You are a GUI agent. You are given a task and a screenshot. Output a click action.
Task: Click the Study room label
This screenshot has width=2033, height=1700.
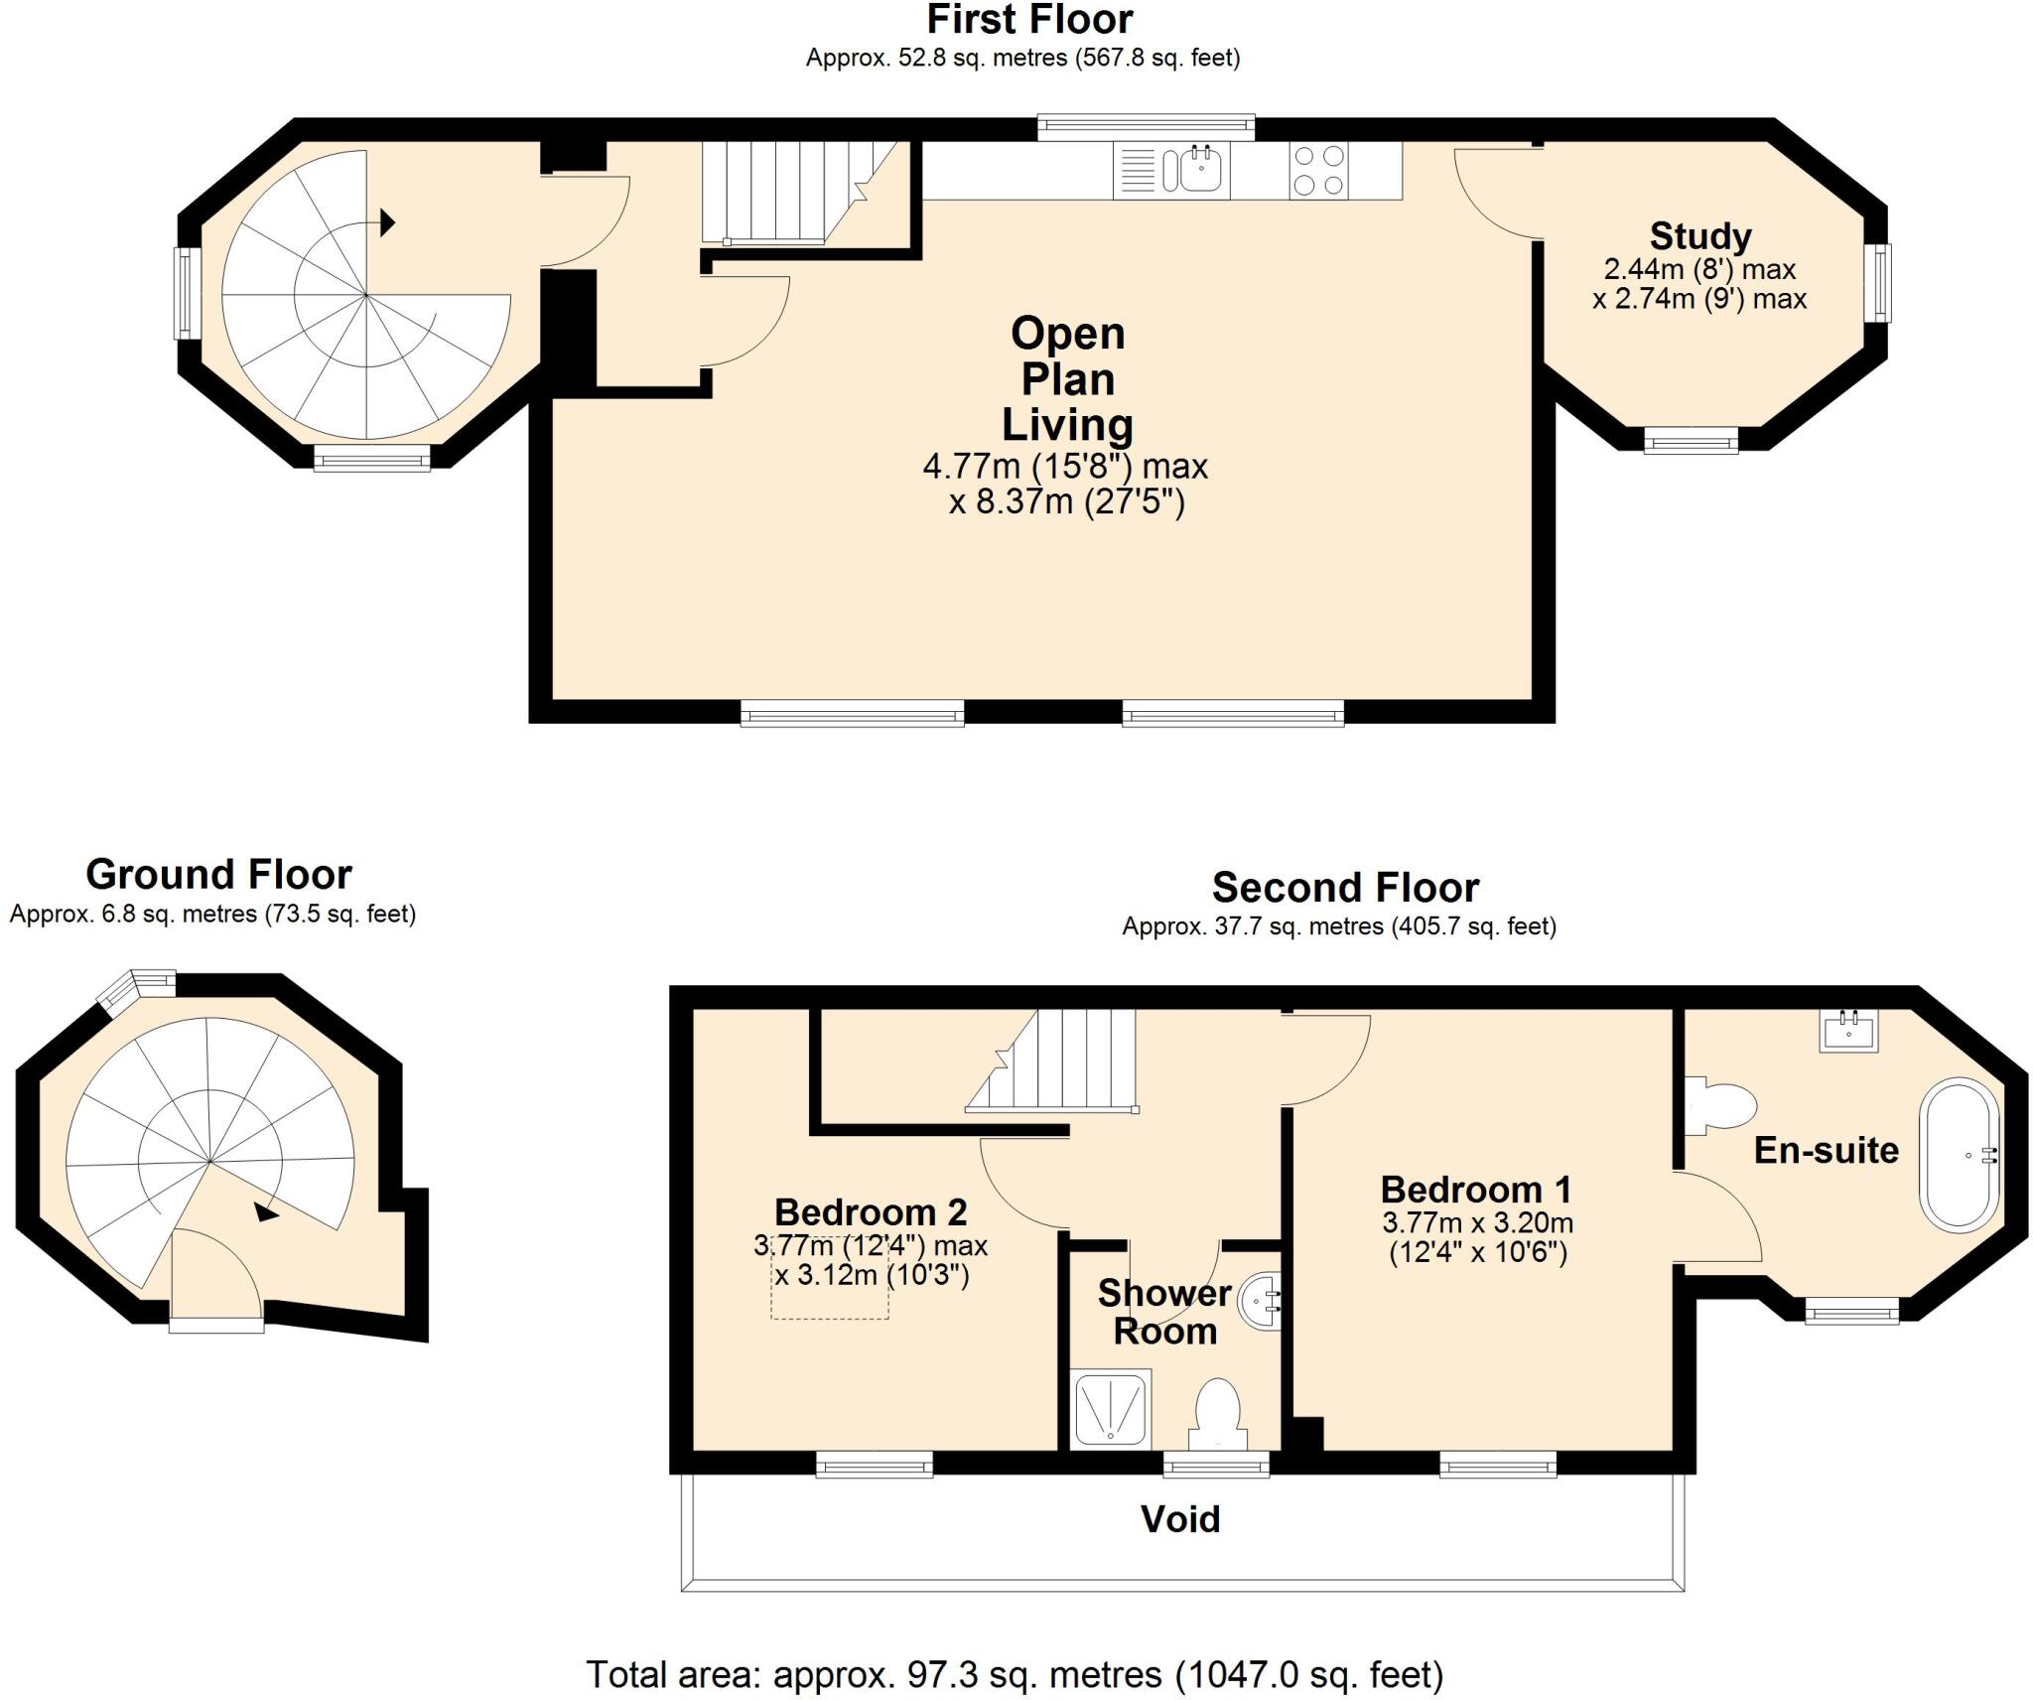(1699, 236)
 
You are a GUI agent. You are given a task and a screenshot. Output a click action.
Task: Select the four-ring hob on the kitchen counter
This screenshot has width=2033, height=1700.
(1319, 171)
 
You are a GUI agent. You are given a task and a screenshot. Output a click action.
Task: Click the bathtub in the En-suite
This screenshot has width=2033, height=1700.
(1960, 1154)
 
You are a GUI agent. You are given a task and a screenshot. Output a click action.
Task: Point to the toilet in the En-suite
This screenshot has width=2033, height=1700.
(1722, 1104)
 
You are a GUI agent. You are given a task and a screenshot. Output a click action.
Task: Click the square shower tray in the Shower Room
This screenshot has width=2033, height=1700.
(1111, 1407)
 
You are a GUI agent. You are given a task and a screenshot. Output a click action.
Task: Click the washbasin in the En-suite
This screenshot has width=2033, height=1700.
(1848, 1031)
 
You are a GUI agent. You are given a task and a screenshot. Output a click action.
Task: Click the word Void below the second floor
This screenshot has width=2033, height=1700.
(1179, 1518)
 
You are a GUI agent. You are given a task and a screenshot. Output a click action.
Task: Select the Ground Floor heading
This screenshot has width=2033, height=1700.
(218, 875)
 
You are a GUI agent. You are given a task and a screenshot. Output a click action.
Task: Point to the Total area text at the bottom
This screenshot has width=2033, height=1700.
(1014, 1674)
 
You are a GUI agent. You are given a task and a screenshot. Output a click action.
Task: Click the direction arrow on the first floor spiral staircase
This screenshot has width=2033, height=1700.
(387, 222)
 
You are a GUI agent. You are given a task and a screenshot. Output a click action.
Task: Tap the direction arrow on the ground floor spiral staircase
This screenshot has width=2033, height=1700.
(266, 1211)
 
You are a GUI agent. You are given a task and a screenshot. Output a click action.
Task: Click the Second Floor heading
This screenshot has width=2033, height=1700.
(1345, 887)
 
